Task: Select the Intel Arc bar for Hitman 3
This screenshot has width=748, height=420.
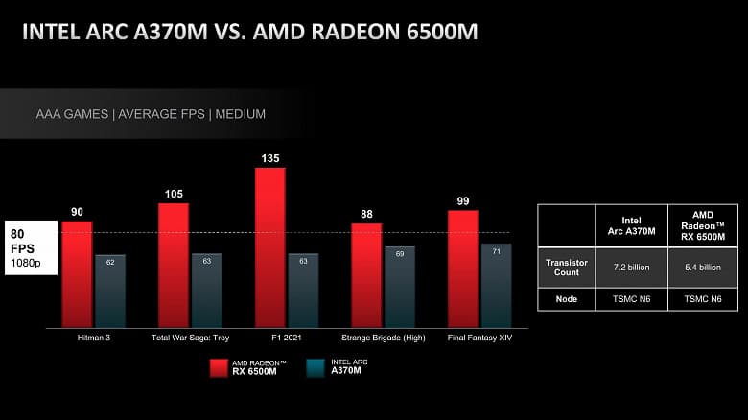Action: point(110,291)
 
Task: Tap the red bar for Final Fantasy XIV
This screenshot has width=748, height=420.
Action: point(462,268)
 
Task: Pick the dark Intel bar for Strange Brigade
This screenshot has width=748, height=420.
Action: point(400,287)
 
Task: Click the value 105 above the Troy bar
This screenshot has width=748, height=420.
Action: point(173,194)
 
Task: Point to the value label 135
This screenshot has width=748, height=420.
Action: point(269,158)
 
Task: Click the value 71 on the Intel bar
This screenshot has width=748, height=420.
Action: point(497,250)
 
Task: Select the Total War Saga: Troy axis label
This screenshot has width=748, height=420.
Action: point(192,338)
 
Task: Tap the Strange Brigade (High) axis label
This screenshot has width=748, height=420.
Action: point(384,338)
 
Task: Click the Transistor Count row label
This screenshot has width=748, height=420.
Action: point(566,268)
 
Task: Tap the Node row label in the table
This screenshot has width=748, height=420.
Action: point(566,298)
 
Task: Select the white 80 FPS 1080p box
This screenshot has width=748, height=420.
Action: point(30,247)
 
